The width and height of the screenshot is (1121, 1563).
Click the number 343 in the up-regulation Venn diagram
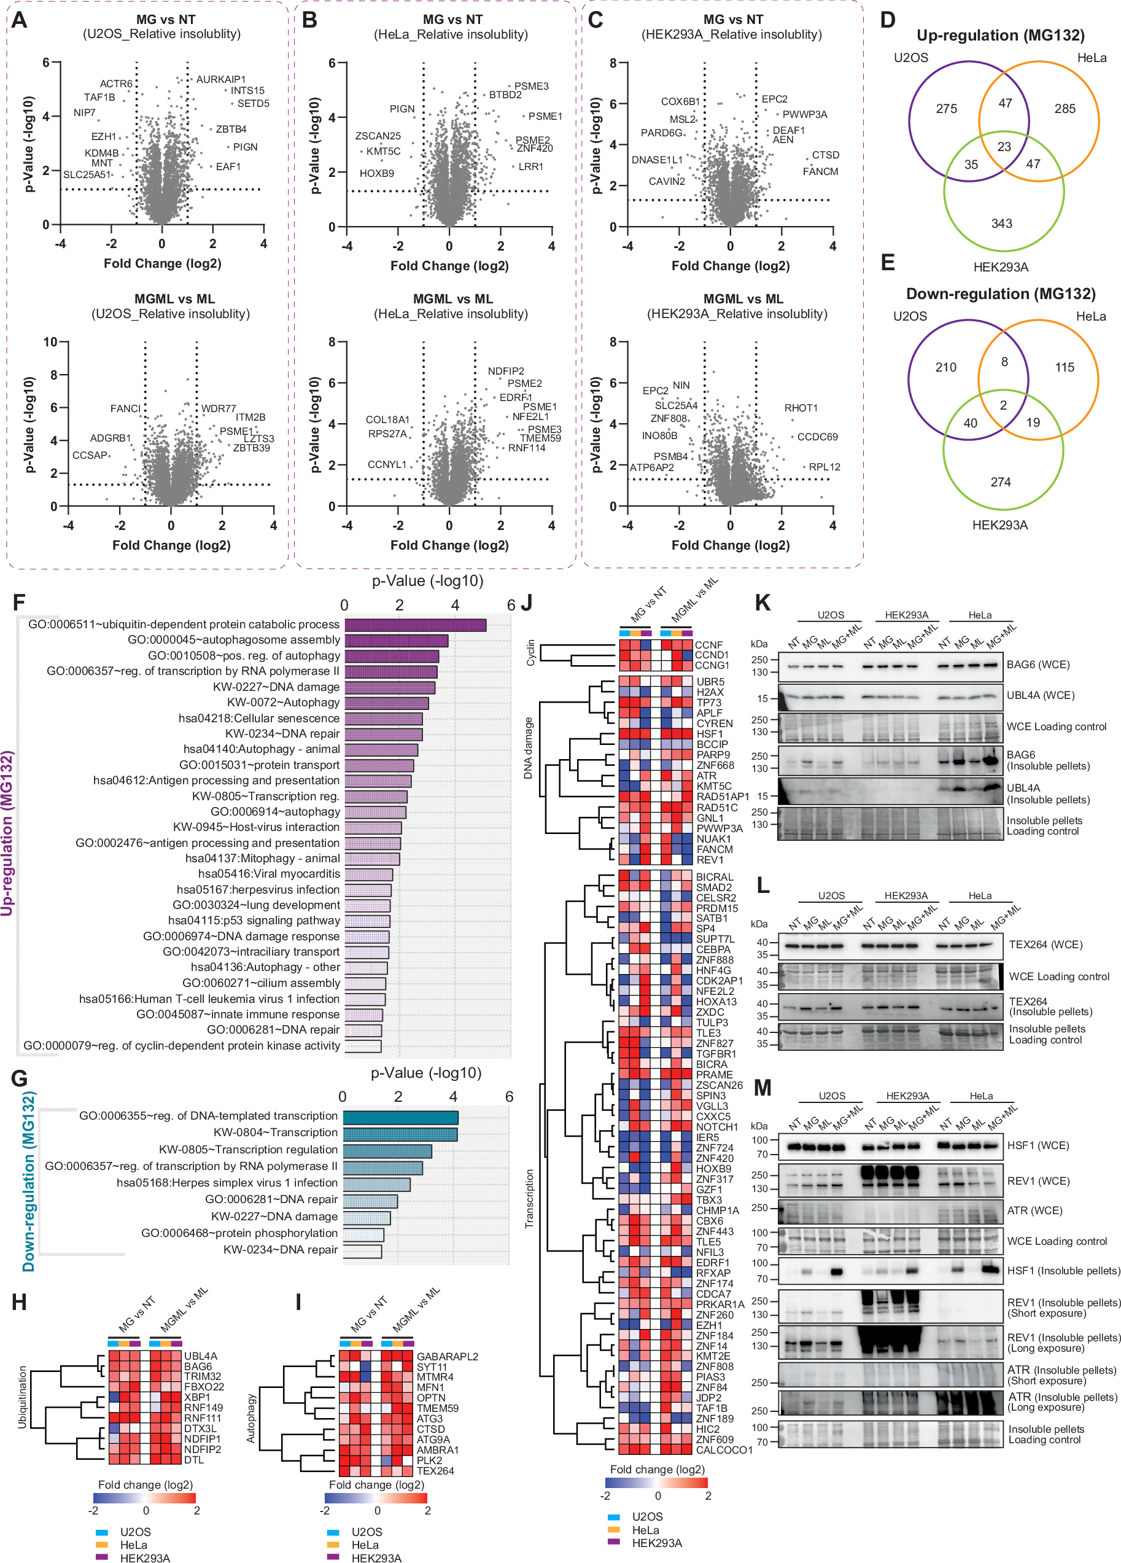pos(1001,224)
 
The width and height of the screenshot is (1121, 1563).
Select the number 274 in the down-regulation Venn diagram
pos(1001,481)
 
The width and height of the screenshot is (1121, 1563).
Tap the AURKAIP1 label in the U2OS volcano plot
pos(220,79)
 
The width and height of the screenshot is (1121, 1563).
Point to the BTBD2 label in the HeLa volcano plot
pos(505,95)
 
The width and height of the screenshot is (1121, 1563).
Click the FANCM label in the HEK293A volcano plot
pos(820,171)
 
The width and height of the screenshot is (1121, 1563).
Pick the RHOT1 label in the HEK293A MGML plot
pos(801,408)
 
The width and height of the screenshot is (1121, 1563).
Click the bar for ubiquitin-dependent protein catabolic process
pos(416,625)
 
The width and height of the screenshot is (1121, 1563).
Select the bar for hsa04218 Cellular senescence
pos(383,718)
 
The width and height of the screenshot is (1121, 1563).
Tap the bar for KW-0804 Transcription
pos(400,1132)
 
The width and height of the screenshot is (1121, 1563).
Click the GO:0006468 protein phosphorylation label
pos(239,1233)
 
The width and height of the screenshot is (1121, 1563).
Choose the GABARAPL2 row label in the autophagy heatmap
pos(447,1356)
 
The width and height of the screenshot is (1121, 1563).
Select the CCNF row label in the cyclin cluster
pos(708,644)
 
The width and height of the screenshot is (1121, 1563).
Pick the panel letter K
pos(761,602)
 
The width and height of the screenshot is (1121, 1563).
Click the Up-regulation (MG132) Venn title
pos(1001,35)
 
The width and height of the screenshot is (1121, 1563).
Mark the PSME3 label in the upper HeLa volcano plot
pos(531,86)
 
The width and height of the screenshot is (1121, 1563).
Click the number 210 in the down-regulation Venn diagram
pos(945,367)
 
